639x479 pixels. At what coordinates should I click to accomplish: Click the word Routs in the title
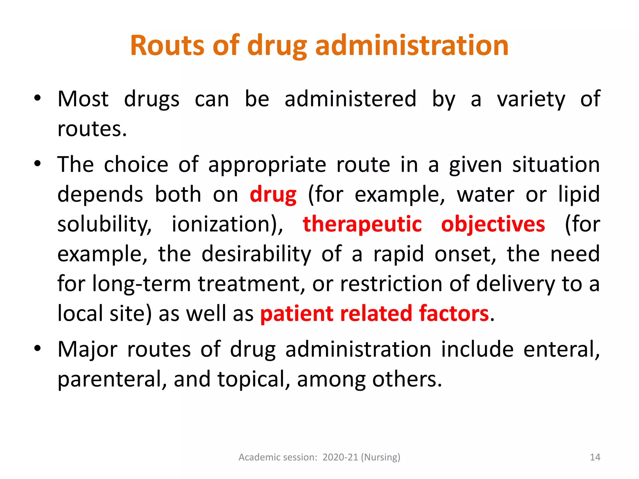[167, 46]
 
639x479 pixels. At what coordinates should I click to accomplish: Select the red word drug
[273, 195]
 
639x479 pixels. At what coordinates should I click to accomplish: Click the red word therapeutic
[362, 224]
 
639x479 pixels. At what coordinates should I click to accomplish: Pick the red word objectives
[493, 224]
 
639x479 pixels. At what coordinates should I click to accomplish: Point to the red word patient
[296, 313]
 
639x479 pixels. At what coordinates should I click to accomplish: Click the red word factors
[454, 313]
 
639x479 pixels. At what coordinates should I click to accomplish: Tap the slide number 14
[595, 457]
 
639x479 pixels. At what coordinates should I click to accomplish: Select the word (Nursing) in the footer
[380, 457]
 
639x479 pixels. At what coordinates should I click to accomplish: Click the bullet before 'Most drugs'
[37, 98]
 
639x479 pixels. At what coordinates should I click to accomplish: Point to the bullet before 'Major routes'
[37, 348]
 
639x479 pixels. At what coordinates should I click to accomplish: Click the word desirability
[256, 254]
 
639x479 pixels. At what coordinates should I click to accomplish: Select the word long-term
[141, 284]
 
